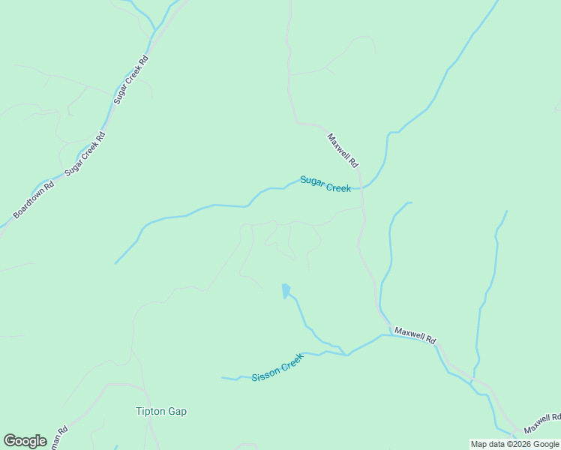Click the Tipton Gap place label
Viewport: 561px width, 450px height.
[x=160, y=411]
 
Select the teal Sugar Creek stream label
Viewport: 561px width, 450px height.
[x=325, y=184]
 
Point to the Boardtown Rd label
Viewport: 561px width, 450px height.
[x=34, y=200]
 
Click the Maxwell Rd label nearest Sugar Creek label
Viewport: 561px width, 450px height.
[x=343, y=150]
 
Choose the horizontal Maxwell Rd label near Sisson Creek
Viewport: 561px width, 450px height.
[x=415, y=334]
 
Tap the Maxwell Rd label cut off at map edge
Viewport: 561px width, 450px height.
[x=542, y=423]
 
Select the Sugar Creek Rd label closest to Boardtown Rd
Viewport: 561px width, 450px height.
[x=85, y=154]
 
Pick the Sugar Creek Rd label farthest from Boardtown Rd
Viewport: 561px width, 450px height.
[x=131, y=79]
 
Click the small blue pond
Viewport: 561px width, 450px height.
[x=285, y=290]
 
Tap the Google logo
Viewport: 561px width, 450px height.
[x=25, y=441]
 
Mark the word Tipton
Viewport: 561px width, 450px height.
[x=150, y=411]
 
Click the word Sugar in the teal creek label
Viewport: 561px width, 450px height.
[x=312, y=181]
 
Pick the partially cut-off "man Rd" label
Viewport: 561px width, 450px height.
[x=58, y=439]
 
